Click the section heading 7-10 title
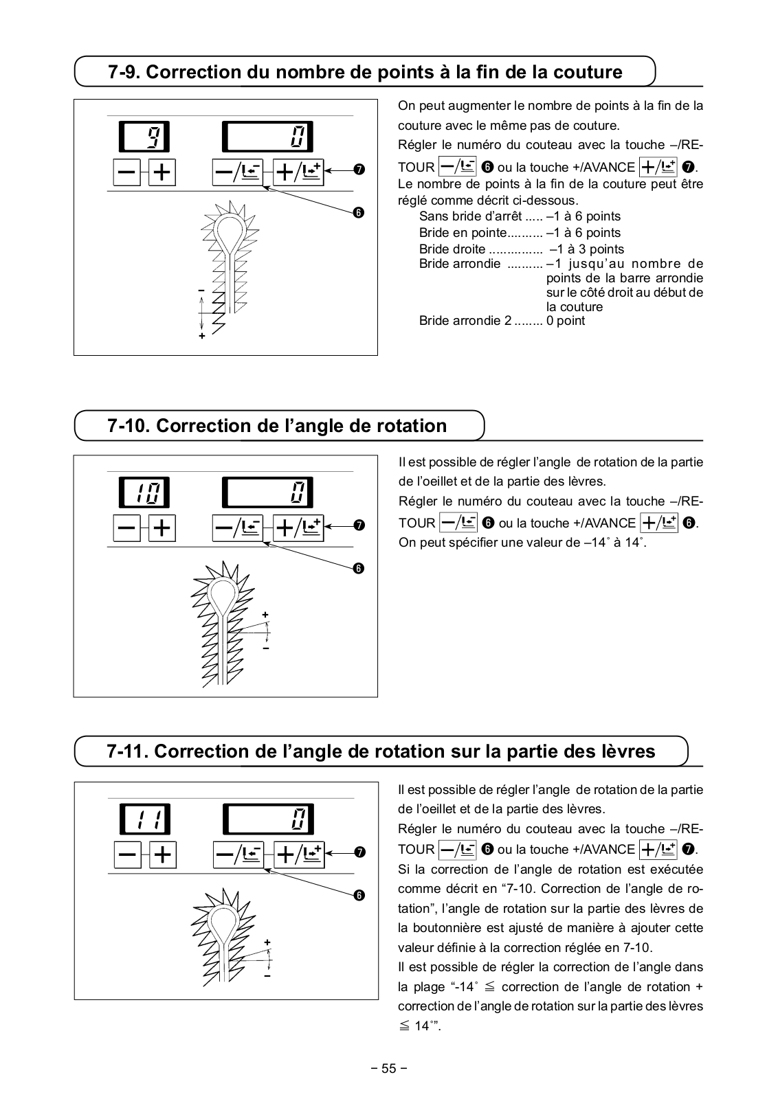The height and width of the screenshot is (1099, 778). (x=277, y=426)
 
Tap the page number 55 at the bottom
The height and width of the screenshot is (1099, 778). (x=389, y=1068)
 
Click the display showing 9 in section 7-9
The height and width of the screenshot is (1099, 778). (x=144, y=136)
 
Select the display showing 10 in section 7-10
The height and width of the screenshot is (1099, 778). (x=144, y=492)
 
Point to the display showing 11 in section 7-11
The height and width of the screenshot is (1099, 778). (x=145, y=819)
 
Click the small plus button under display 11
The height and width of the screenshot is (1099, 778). (x=162, y=854)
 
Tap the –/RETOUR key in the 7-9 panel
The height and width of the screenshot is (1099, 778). (x=237, y=172)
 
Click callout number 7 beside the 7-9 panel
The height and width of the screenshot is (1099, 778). (x=359, y=169)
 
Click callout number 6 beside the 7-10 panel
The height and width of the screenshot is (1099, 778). (x=359, y=568)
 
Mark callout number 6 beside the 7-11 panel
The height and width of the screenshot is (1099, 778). (x=359, y=895)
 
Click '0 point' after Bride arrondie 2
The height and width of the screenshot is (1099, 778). (x=566, y=321)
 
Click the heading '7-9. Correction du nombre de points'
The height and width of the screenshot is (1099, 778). (x=365, y=72)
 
